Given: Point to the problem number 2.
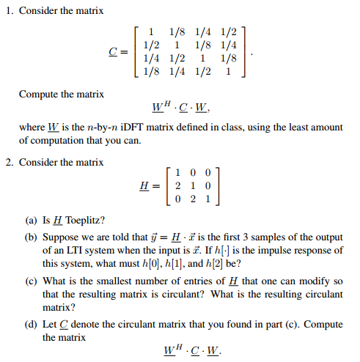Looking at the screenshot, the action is (9, 162).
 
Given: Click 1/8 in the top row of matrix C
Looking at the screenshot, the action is (177, 32).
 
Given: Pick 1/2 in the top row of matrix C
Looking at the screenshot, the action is (229, 32).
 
